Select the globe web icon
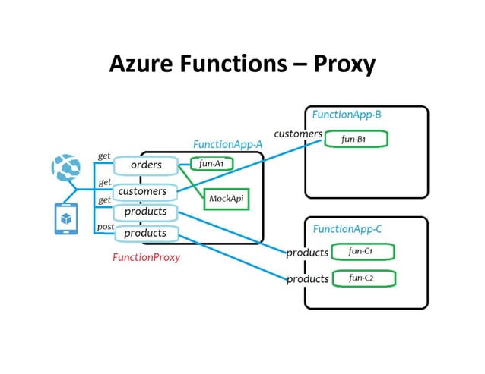(x=65, y=168)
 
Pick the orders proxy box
(x=145, y=165)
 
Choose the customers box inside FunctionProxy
(x=145, y=192)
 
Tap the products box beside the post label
(x=145, y=233)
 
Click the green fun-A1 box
(x=211, y=163)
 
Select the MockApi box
(x=225, y=198)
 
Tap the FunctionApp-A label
(x=227, y=144)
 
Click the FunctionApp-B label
(x=347, y=115)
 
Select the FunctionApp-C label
(x=347, y=228)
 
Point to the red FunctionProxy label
(x=146, y=257)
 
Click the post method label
(x=104, y=228)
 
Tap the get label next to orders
(x=104, y=156)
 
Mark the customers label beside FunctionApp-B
(x=298, y=134)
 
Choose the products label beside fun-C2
(x=307, y=279)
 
